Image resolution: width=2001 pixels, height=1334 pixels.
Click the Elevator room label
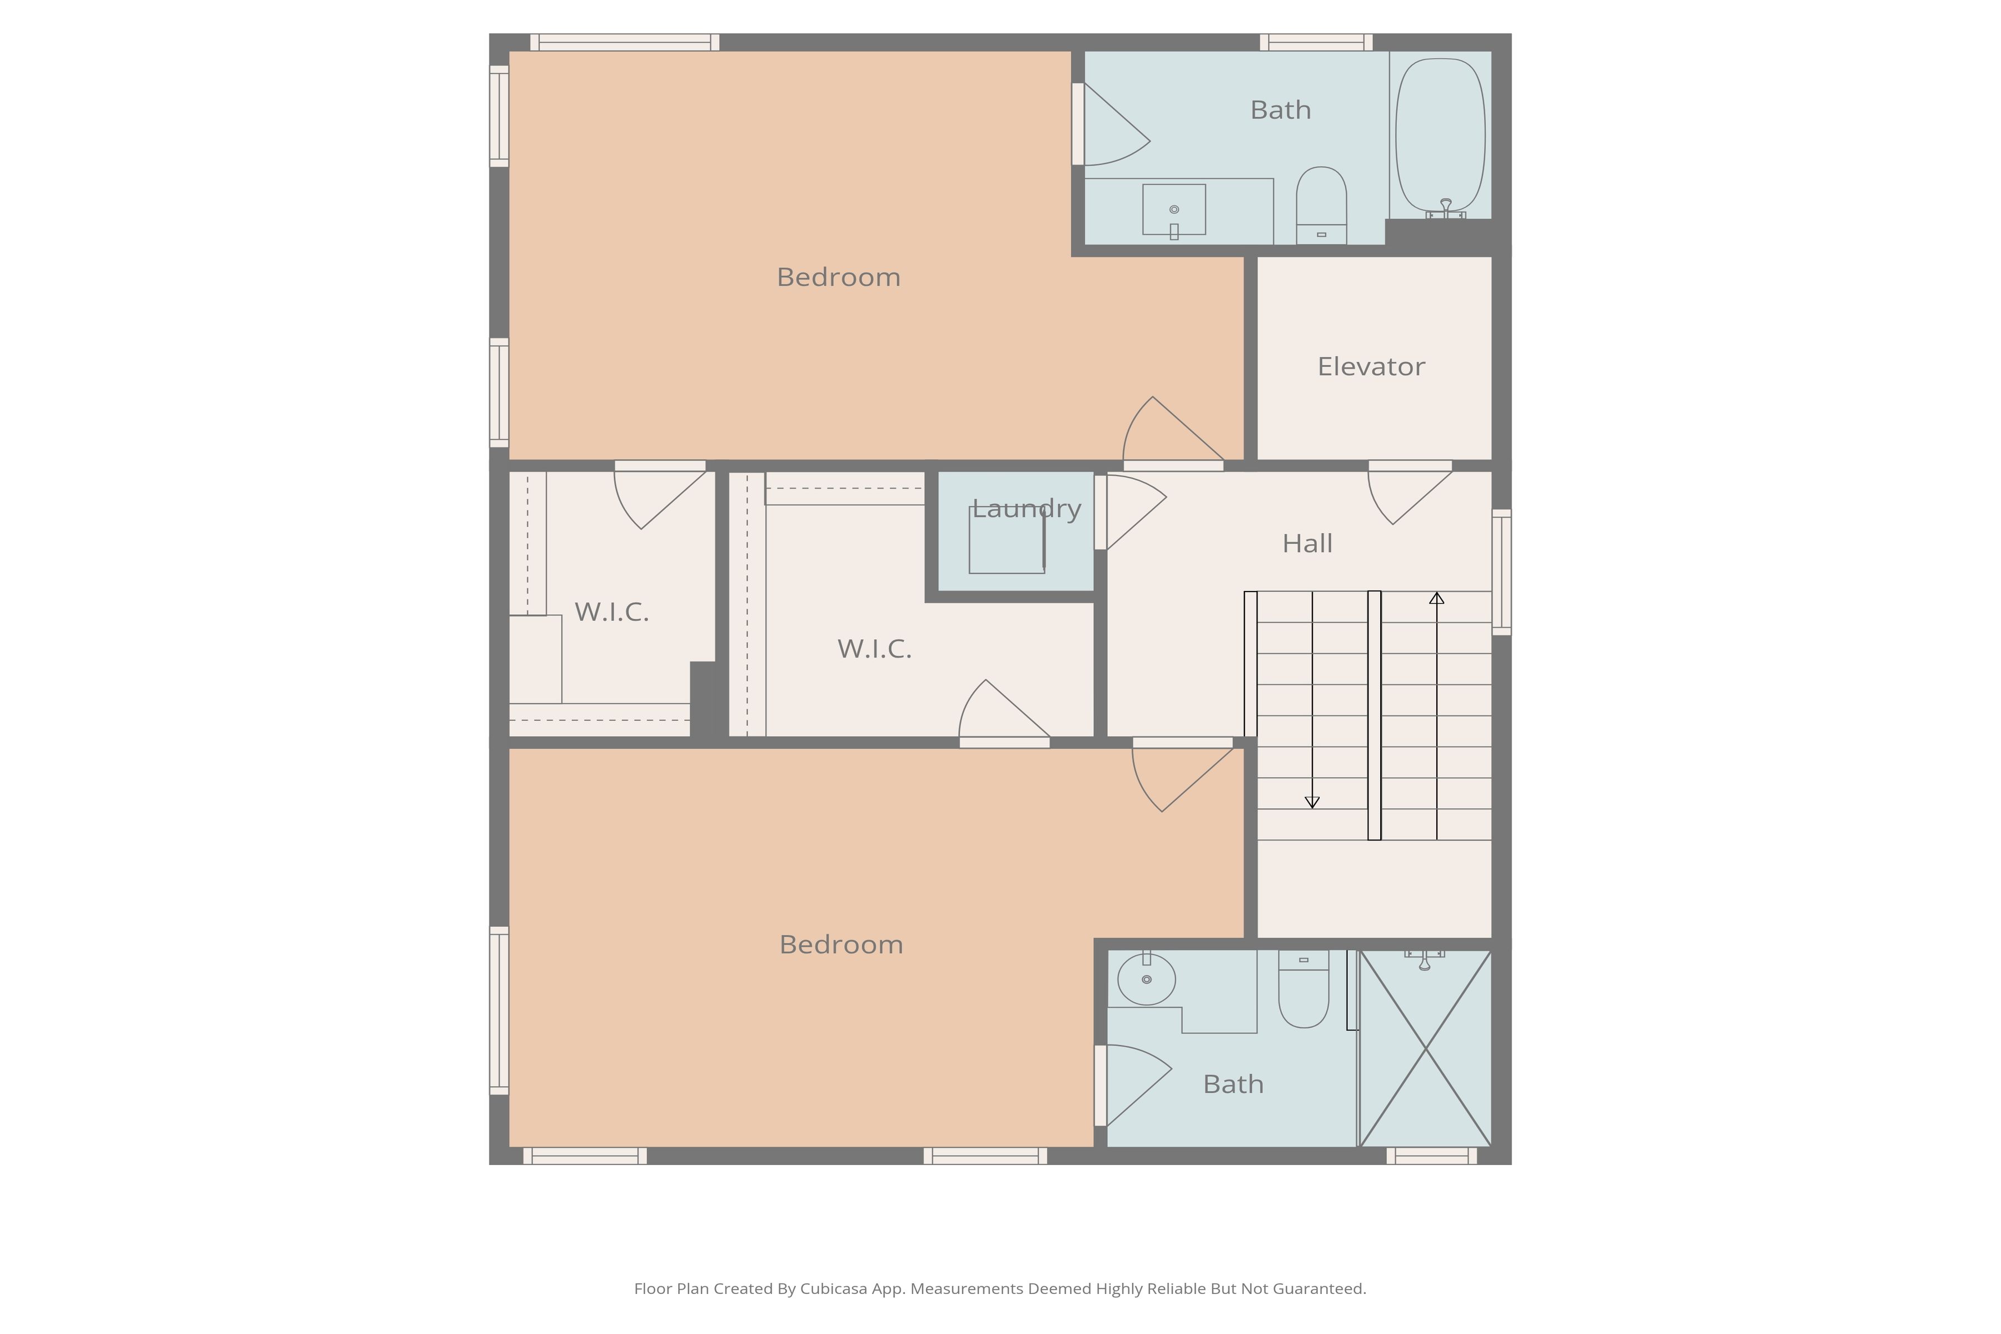(x=1371, y=367)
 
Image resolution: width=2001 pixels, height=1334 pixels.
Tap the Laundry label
(x=1026, y=509)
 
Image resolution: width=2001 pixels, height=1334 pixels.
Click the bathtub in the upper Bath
(x=1440, y=135)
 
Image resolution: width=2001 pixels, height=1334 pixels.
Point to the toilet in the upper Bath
(x=1321, y=205)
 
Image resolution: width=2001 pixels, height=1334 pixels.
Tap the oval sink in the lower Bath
(x=1146, y=979)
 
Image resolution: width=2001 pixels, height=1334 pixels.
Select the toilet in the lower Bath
(x=1303, y=989)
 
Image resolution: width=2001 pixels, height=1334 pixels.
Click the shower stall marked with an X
(x=1425, y=1048)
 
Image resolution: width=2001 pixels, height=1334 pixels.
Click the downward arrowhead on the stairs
(x=1312, y=802)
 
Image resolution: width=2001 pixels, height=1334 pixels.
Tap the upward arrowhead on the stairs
(x=1437, y=598)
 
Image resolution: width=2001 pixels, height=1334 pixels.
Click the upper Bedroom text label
(x=838, y=277)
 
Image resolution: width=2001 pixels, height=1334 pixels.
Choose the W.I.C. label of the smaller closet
(x=612, y=612)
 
